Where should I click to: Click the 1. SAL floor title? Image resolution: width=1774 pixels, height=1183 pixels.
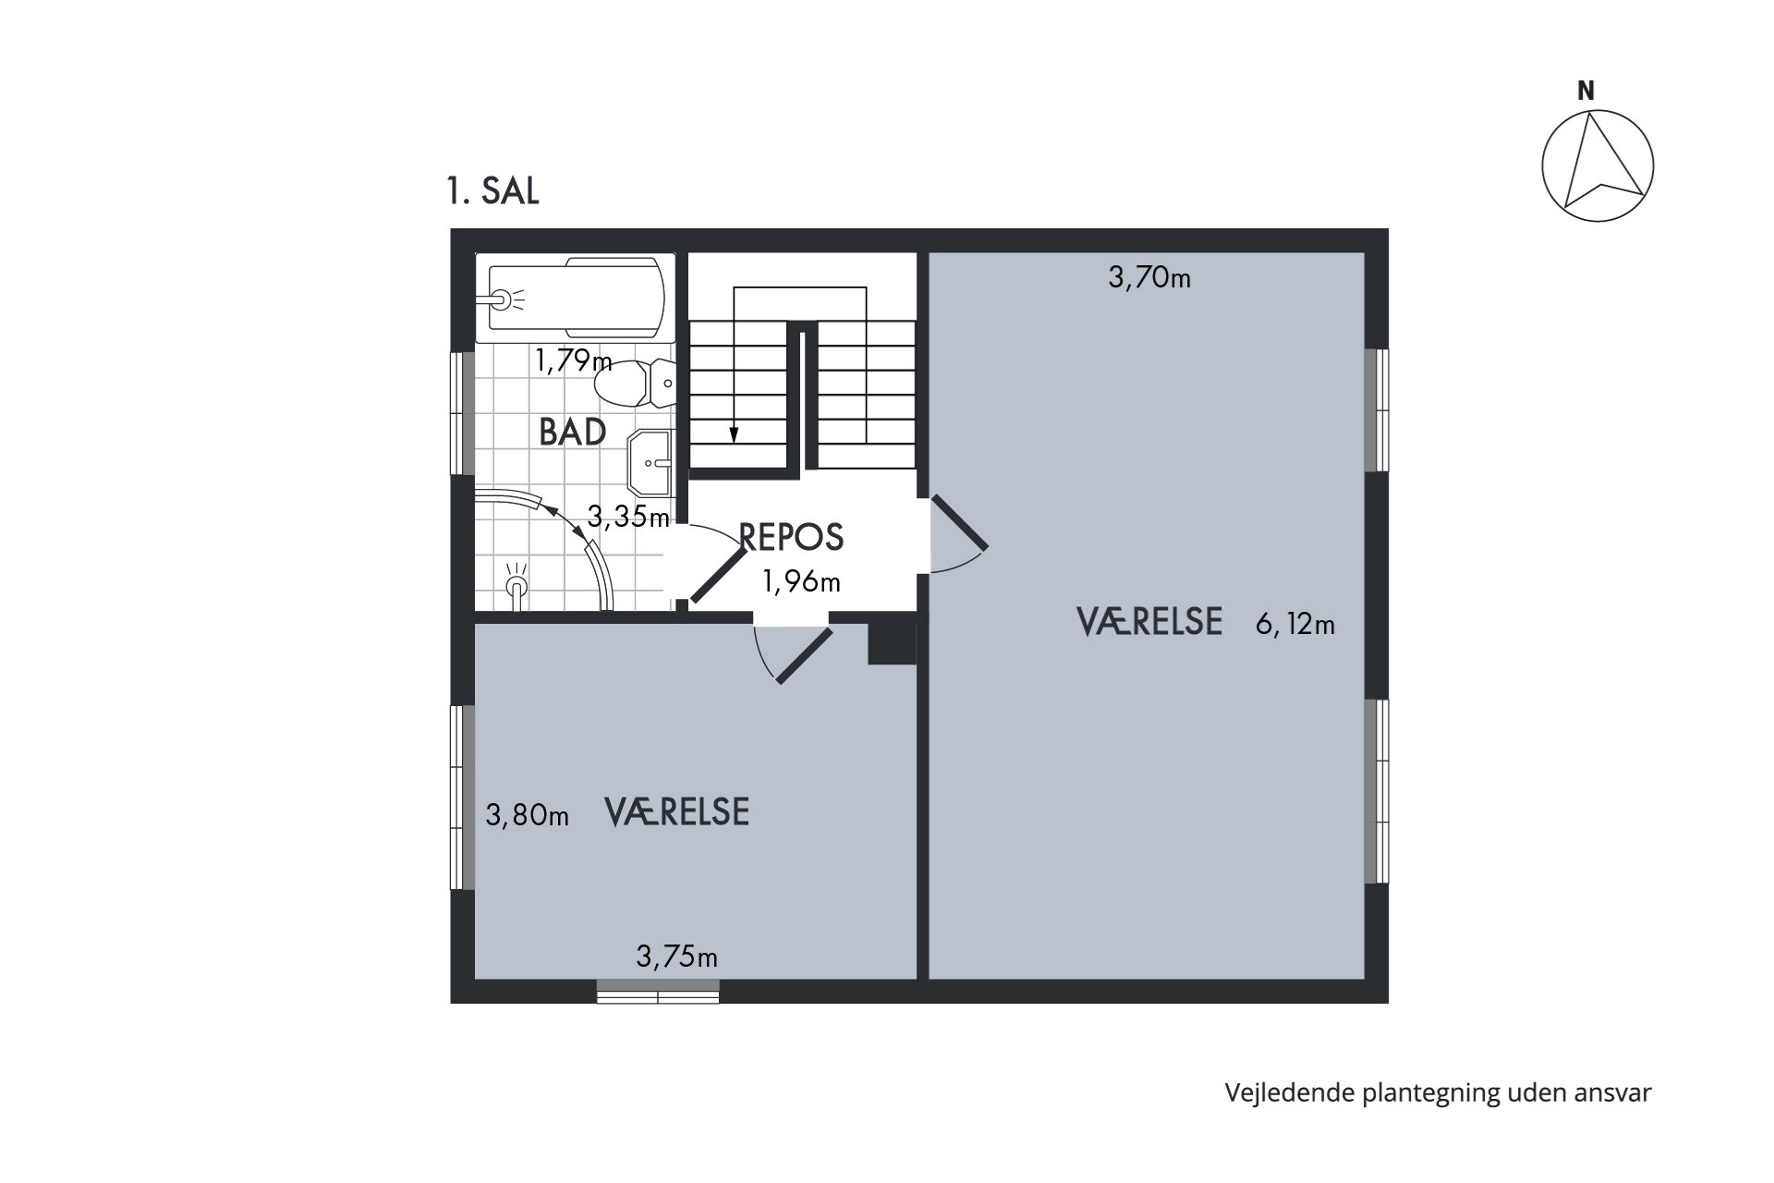[x=492, y=191]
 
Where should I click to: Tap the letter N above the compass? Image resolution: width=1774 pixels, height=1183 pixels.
[x=1586, y=91]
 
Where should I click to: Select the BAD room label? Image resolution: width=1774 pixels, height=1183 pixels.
[x=572, y=433]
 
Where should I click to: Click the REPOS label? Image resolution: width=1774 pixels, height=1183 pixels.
[x=792, y=537]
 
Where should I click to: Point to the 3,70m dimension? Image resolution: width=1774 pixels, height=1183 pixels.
[x=1148, y=276]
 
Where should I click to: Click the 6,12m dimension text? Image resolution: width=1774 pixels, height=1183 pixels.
[x=1294, y=625]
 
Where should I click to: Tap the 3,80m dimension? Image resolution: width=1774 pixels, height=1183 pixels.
[x=527, y=815]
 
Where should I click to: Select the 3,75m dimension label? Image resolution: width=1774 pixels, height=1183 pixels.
[x=676, y=957]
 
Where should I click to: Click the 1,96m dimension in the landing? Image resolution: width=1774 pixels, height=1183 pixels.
[x=800, y=581]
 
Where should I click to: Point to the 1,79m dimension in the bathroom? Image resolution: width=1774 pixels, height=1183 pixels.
[x=573, y=360]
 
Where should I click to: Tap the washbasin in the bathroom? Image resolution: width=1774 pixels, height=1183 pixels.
[x=650, y=462]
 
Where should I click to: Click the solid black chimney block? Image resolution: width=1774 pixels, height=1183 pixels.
[x=891, y=642]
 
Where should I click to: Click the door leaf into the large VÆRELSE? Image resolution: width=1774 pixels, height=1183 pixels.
[x=959, y=523]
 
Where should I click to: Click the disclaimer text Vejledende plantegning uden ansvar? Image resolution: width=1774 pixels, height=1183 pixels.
[x=1437, y=1092]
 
